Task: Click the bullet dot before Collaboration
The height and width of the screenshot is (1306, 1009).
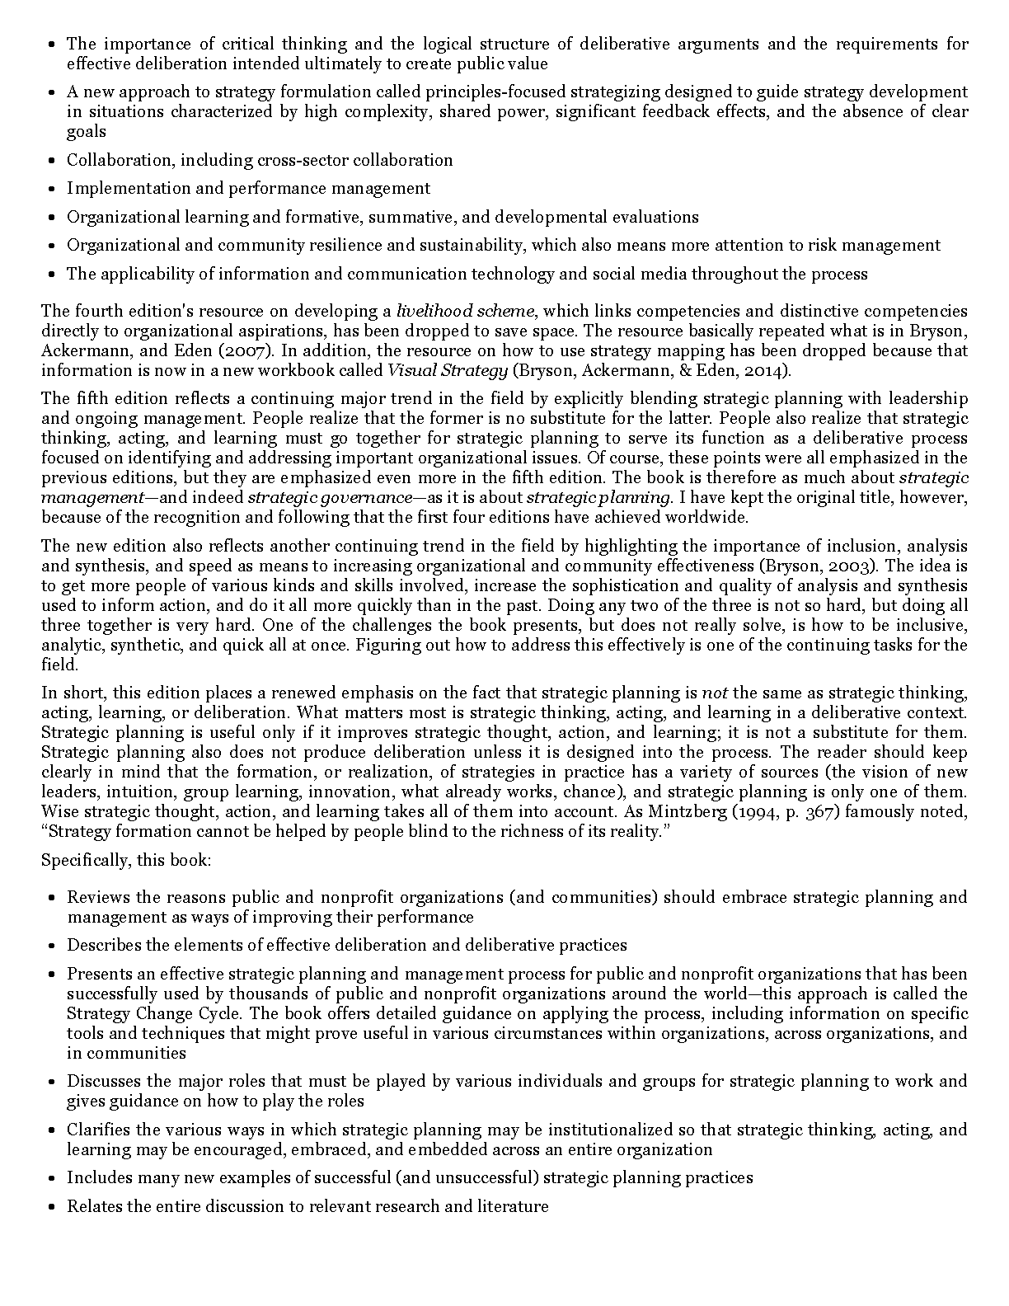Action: click(51, 161)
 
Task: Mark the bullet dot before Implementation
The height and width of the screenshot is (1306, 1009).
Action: click(51, 189)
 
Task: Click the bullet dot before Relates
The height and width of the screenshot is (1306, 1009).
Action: click(51, 1207)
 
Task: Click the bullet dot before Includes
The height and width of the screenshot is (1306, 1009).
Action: click(51, 1178)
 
